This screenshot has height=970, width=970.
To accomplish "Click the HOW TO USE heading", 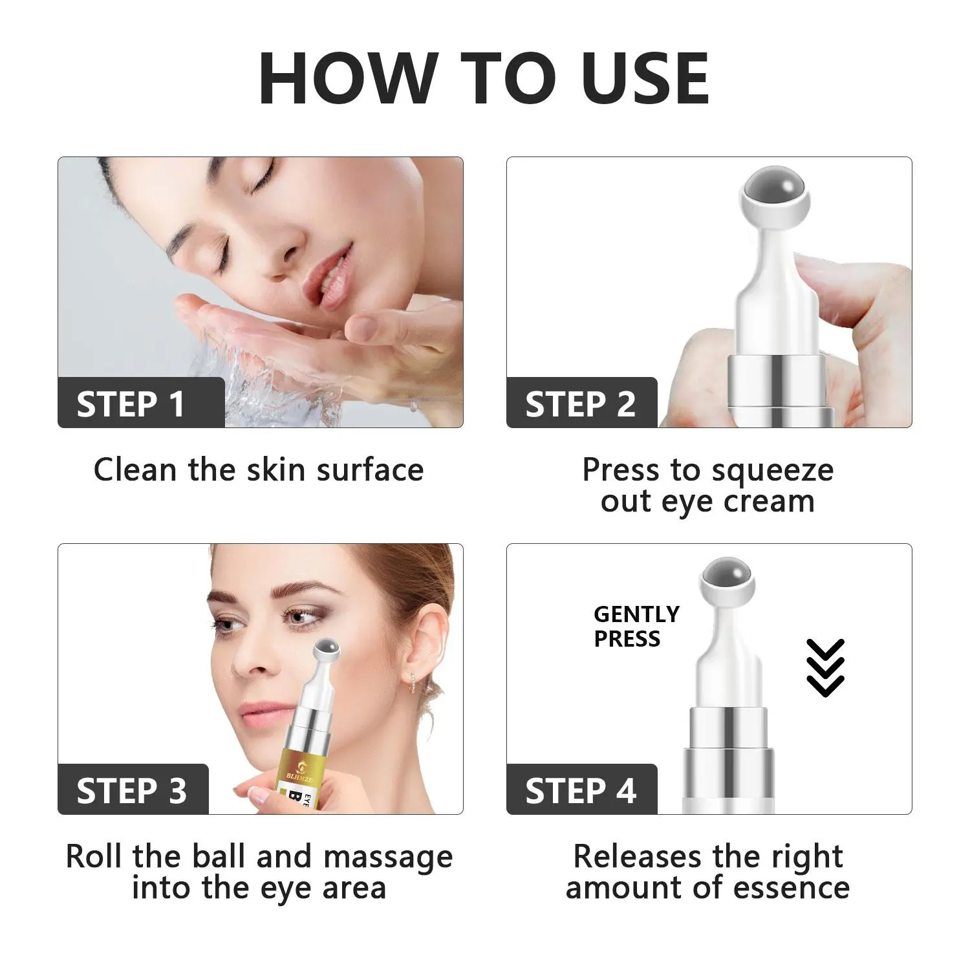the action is pyautogui.click(x=484, y=78).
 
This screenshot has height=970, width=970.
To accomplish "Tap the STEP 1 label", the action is pyautogui.click(x=131, y=405).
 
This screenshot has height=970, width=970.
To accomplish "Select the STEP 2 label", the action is pyautogui.click(x=580, y=405).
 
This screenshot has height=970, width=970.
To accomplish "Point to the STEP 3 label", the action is pyautogui.click(x=131, y=792).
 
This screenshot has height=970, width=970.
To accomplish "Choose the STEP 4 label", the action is pyautogui.click(x=581, y=792).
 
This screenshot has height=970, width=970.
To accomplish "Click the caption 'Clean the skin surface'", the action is pyautogui.click(x=259, y=469).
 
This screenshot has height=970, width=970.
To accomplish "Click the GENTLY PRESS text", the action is pyautogui.click(x=636, y=626).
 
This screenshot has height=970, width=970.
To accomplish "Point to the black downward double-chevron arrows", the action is pyautogui.click(x=826, y=667).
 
